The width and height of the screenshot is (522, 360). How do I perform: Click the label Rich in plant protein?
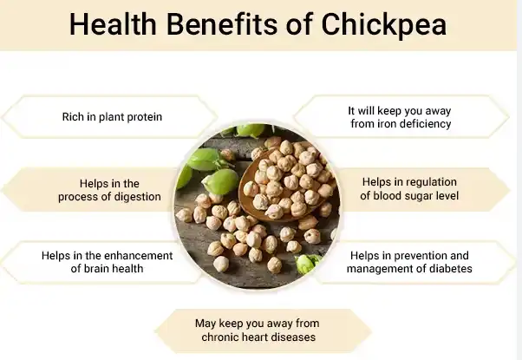112,116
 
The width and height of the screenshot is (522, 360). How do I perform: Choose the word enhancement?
134,256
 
